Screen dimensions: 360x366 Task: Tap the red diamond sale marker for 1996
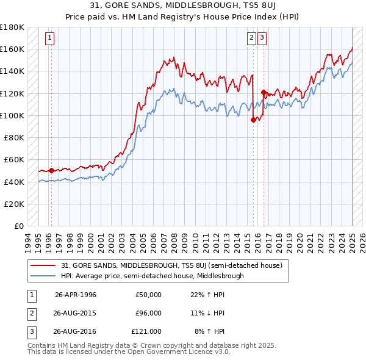51,171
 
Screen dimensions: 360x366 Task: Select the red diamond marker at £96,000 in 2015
253,120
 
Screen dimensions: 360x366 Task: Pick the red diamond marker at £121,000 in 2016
264,93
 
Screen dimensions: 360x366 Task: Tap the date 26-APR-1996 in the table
76,295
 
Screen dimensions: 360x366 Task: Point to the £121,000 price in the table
146,331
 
